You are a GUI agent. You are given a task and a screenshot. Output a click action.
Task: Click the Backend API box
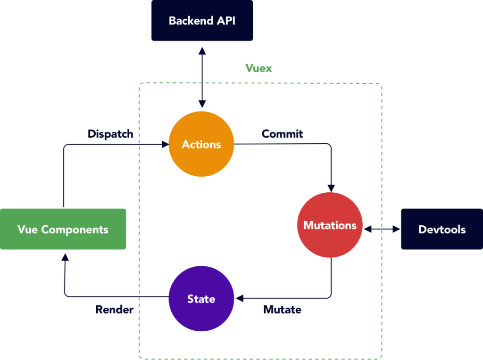coord(202,21)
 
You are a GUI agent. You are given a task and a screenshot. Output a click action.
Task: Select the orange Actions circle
coord(201,144)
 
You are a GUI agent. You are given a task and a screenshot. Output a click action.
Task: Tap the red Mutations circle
coord(330,225)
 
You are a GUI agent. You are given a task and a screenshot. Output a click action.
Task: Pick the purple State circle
coord(201,299)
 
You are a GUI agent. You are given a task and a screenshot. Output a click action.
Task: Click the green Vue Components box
coord(63,229)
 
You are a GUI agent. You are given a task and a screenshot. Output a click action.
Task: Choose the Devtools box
coord(441,229)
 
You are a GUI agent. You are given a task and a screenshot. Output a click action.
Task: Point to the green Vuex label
coord(258,68)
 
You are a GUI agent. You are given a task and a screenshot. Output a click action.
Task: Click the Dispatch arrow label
coord(110,134)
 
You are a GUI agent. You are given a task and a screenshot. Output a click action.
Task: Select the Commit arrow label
coord(283,134)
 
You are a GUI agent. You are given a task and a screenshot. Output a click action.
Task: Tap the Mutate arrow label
coord(282,310)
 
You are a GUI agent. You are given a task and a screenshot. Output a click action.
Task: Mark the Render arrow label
coord(114,310)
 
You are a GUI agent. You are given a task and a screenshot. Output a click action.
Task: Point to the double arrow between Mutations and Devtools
coord(382,229)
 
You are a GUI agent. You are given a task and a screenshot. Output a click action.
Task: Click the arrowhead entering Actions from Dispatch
coord(165,144)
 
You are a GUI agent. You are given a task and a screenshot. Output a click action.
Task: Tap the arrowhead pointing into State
coord(239,298)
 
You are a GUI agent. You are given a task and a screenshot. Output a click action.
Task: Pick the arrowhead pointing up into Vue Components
coord(65,256)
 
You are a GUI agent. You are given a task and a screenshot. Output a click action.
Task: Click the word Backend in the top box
coord(190,21)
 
